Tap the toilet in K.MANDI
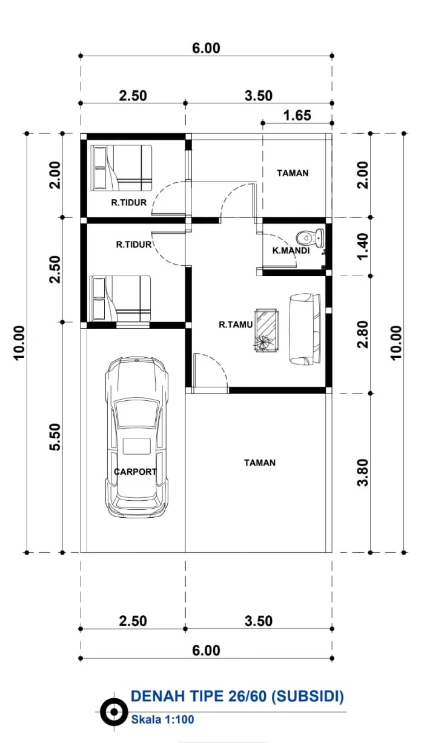pyautogui.click(x=310, y=237)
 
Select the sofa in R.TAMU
pyautogui.click(x=305, y=329)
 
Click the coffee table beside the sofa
pyautogui.click(x=266, y=330)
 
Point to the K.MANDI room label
pyautogui.click(x=291, y=251)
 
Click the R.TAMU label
pyautogui.click(x=236, y=325)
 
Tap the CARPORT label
pyautogui.click(x=135, y=472)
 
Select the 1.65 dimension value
pyautogui.click(x=297, y=116)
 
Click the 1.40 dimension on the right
pyautogui.click(x=363, y=246)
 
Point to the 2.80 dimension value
pyautogui.click(x=363, y=334)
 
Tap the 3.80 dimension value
pyautogui.click(x=363, y=472)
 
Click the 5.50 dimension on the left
pyautogui.click(x=55, y=437)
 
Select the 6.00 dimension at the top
pyautogui.click(x=206, y=48)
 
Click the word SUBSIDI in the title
pyautogui.click(x=308, y=696)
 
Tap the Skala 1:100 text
pyautogui.click(x=162, y=719)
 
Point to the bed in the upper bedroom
pyautogui.click(x=121, y=168)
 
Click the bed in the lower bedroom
pyautogui.click(x=120, y=299)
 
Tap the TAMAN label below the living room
pyautogui.click(x=259, y=463)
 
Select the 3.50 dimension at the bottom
pyautogui.click(x=259, y=621)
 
